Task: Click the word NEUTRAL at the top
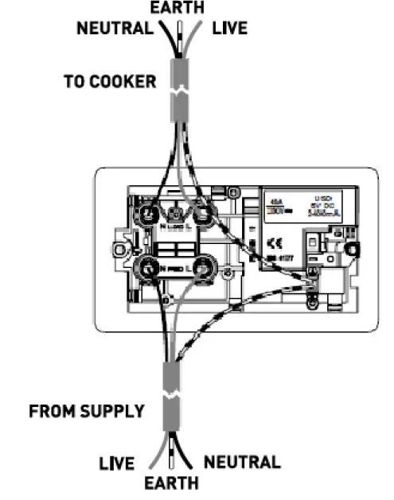[114, 29]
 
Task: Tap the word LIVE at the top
[230, 29]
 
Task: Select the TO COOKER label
[110, 82]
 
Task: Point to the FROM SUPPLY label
[87, 412]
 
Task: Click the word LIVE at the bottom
[119, 463]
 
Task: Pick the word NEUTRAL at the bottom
[243, 462]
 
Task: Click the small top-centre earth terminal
[177, 211]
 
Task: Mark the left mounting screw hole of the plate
[120, 250]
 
